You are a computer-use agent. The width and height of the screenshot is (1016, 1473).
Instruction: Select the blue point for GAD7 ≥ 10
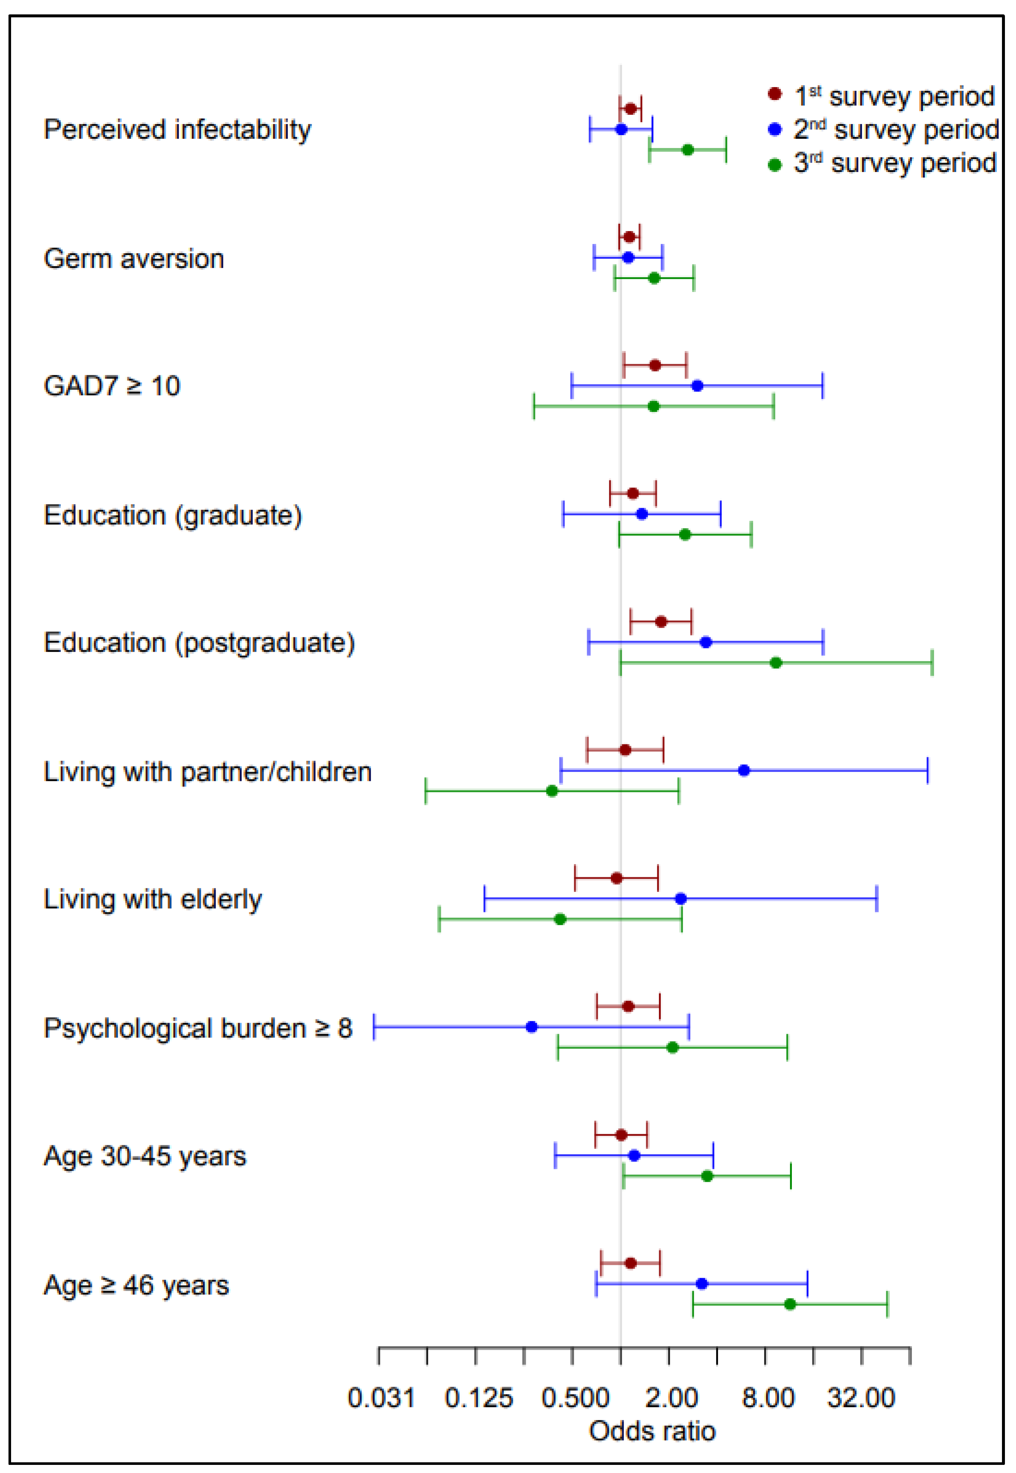point(697,386)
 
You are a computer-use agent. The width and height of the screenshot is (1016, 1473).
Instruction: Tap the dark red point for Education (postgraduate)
point(661,622)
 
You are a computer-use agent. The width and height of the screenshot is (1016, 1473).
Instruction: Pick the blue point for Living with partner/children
point(744,771)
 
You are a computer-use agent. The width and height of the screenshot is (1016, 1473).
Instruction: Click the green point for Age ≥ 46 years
point(790,1304)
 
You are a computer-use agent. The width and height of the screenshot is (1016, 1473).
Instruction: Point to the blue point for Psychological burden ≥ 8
point(532,1027)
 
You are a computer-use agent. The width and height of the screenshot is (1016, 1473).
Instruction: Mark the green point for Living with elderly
point(560,919)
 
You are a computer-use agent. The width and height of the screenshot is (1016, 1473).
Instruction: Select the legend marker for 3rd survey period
point(775,165)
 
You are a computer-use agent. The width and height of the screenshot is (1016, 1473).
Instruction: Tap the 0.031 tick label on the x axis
point(381,1398)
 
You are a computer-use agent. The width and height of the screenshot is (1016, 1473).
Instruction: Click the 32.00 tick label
point(861,1398)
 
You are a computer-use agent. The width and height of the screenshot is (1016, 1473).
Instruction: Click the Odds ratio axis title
point(652,1431)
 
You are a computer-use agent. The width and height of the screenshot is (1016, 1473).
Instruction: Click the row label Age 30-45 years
point(144,1156)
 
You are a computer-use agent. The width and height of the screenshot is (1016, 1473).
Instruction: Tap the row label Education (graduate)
point(172,515)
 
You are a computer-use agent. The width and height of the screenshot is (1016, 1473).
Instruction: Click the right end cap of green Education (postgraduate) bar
point(932,663)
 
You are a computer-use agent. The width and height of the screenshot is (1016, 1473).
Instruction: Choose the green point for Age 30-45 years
point(707,1176)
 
